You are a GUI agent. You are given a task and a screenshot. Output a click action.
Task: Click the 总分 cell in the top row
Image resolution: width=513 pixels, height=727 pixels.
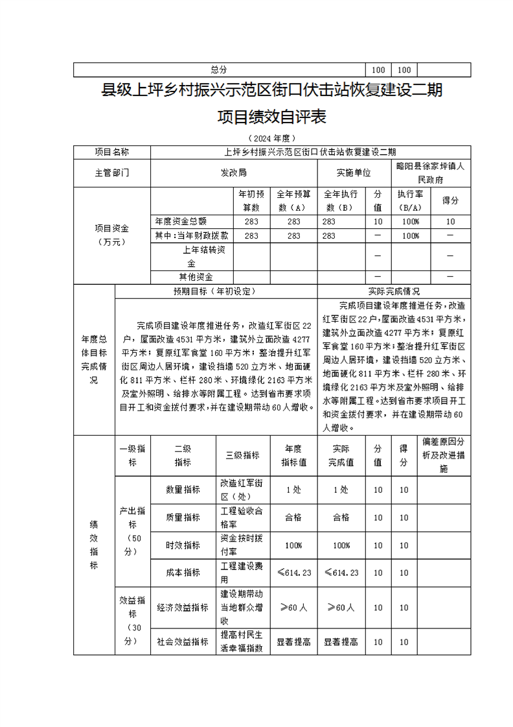tap(220, 70)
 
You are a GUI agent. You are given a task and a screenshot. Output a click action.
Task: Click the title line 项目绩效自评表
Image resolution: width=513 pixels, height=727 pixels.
tap(271, 117)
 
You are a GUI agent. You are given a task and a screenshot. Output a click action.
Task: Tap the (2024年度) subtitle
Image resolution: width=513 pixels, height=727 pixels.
tap(271, 138)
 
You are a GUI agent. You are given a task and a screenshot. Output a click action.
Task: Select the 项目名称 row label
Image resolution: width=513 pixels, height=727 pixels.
tap(112, 152)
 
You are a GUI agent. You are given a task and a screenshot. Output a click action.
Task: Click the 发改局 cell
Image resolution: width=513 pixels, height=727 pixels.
tap(234, 173)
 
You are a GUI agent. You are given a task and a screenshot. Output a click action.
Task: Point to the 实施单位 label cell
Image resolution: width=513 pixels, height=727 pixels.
tap(354, 173)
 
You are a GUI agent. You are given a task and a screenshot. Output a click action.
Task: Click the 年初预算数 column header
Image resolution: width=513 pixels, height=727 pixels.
tap(251, 200)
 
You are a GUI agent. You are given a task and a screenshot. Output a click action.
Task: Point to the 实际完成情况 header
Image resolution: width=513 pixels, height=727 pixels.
tap(393, 292)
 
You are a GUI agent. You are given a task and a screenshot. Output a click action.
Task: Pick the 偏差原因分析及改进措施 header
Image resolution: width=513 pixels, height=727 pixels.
tap(444, 455)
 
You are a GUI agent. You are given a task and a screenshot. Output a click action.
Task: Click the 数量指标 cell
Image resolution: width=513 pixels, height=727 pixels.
tap(183, 490)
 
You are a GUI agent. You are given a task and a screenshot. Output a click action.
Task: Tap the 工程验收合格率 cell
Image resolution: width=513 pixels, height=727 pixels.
tap(242, 518)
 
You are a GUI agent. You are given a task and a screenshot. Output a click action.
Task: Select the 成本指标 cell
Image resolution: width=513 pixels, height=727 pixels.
tap(183, 573)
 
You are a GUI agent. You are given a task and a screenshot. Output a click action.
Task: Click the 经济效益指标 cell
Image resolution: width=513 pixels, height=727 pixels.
tap(183, 608)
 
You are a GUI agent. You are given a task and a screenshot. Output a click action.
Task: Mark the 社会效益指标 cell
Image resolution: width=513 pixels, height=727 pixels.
tap(183, 641)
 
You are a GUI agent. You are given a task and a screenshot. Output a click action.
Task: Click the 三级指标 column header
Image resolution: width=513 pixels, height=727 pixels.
tap(242, 455)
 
